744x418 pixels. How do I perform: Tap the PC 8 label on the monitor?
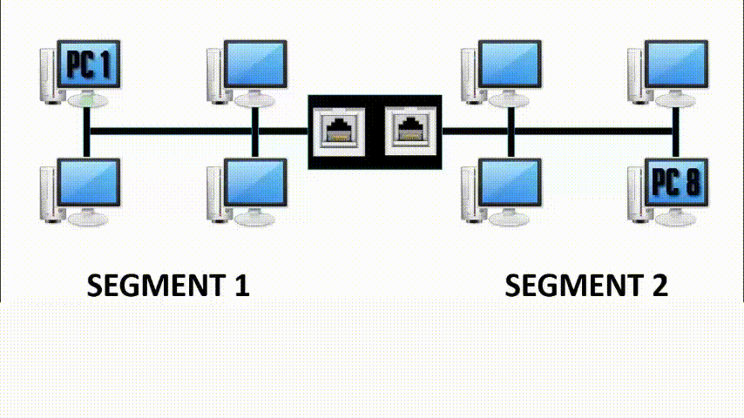pos(675,183)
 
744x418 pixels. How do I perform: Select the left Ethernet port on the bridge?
pos(339,131)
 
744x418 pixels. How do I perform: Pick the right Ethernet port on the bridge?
pos(409,131)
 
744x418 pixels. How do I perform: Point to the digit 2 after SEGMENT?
pos(658,286)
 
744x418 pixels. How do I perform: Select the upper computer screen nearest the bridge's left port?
pos(254,64)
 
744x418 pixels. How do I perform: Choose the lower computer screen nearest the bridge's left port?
pos(254,182)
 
